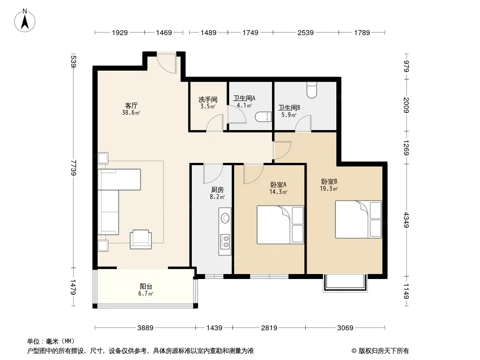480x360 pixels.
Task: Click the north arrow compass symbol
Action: (25, 21)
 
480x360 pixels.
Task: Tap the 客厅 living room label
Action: (131, 105)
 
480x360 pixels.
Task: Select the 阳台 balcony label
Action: (146, 287)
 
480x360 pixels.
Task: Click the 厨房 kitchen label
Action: (217, 190)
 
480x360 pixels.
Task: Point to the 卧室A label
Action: (278, 185)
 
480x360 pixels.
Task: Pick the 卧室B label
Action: (329, 182)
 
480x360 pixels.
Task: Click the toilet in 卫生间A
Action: (263, 117)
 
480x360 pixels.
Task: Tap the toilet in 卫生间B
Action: (312, 90)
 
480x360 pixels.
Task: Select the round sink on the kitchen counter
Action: (226, 218)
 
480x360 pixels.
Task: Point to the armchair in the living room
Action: (141, 239)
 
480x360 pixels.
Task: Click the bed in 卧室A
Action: (281, 225)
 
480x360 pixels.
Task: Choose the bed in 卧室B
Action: (358, 219)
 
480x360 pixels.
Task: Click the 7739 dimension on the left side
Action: (73, 167)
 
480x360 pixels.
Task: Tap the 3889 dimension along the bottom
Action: (145, 328)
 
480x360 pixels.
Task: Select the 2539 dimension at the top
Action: (305, 32)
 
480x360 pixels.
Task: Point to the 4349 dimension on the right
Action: (406, 220)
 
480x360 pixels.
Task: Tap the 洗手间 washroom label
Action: (208, 100)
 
